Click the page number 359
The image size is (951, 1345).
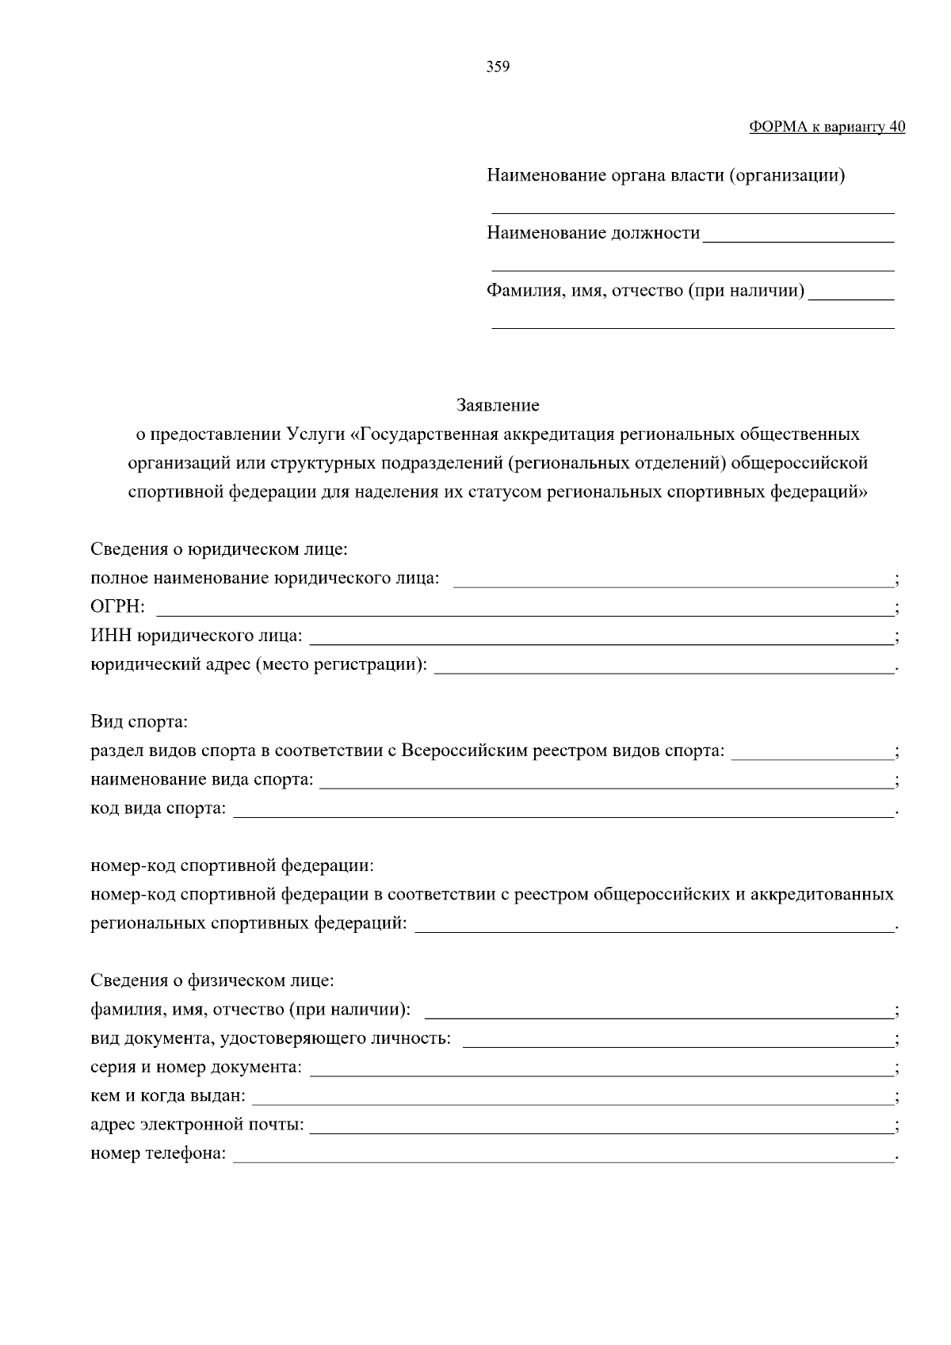coord(497,67)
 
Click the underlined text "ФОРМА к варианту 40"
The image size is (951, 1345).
coord(827,127)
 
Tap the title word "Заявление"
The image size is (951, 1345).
coord(498,406)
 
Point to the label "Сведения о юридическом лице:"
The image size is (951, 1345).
coord(220,549)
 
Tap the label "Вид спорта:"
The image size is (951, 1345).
coord(139,722)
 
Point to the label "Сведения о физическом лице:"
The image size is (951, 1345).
coord(212,981)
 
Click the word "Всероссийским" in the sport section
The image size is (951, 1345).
coord(457,751)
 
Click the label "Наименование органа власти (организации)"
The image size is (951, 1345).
coord(666,175)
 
